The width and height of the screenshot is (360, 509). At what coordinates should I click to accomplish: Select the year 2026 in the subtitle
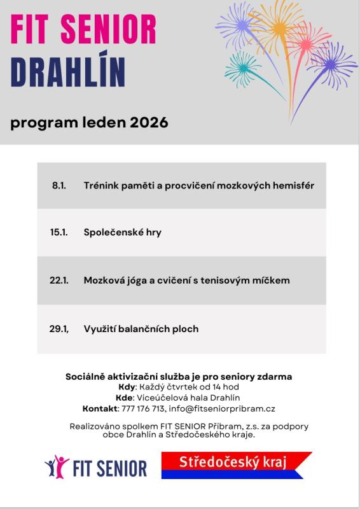tap(148, 122)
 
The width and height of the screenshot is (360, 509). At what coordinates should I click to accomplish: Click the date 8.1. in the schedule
tap(59, 185)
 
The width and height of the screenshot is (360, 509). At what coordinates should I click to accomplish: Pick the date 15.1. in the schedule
tap(59, 232)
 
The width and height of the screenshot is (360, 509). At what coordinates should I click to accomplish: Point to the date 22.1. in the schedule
tap(59, 281)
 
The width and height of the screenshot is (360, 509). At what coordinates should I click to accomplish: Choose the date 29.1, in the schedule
tap(59, 329)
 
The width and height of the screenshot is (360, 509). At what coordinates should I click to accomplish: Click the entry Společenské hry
tap(122, 232)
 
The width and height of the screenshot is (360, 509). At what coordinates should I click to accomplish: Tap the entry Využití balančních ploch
tap(141, 329)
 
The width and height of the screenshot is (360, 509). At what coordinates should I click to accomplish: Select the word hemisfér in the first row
tap(293, 185)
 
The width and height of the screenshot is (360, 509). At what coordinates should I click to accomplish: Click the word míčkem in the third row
tap(271, 281)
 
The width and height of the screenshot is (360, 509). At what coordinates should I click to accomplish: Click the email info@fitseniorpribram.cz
tap(222, 408)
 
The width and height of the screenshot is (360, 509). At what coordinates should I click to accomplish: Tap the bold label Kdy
tap(127, 387)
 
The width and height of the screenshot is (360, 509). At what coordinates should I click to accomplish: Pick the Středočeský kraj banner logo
tap(235, 464)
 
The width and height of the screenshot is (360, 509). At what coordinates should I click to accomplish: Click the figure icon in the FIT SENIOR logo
tap(57, 466)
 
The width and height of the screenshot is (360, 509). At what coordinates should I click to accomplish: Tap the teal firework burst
tap(242, 66)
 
